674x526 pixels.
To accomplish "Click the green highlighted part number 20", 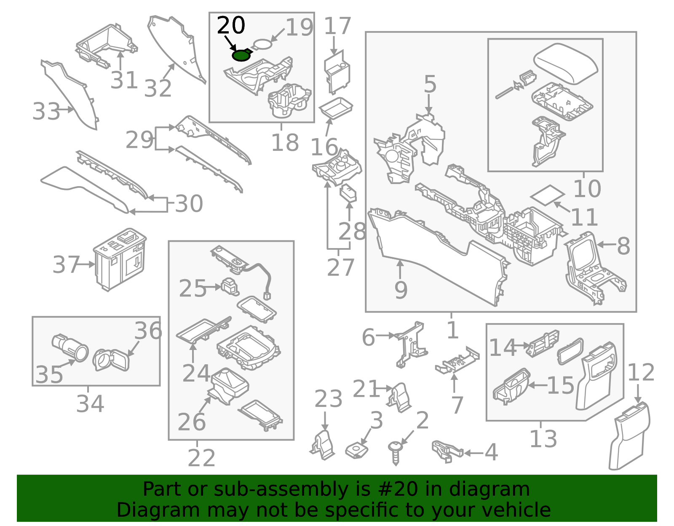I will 242,55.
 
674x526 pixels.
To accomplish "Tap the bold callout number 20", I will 231,26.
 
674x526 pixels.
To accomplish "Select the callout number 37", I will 66,265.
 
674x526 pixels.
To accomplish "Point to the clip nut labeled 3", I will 356,451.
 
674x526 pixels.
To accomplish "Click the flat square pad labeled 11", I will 547,195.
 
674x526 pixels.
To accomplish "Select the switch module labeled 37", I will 120,260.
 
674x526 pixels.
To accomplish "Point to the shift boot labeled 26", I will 229,385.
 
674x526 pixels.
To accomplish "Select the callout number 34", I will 90,404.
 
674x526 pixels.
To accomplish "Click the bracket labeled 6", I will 411,343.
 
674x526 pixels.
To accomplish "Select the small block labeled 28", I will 348,193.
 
